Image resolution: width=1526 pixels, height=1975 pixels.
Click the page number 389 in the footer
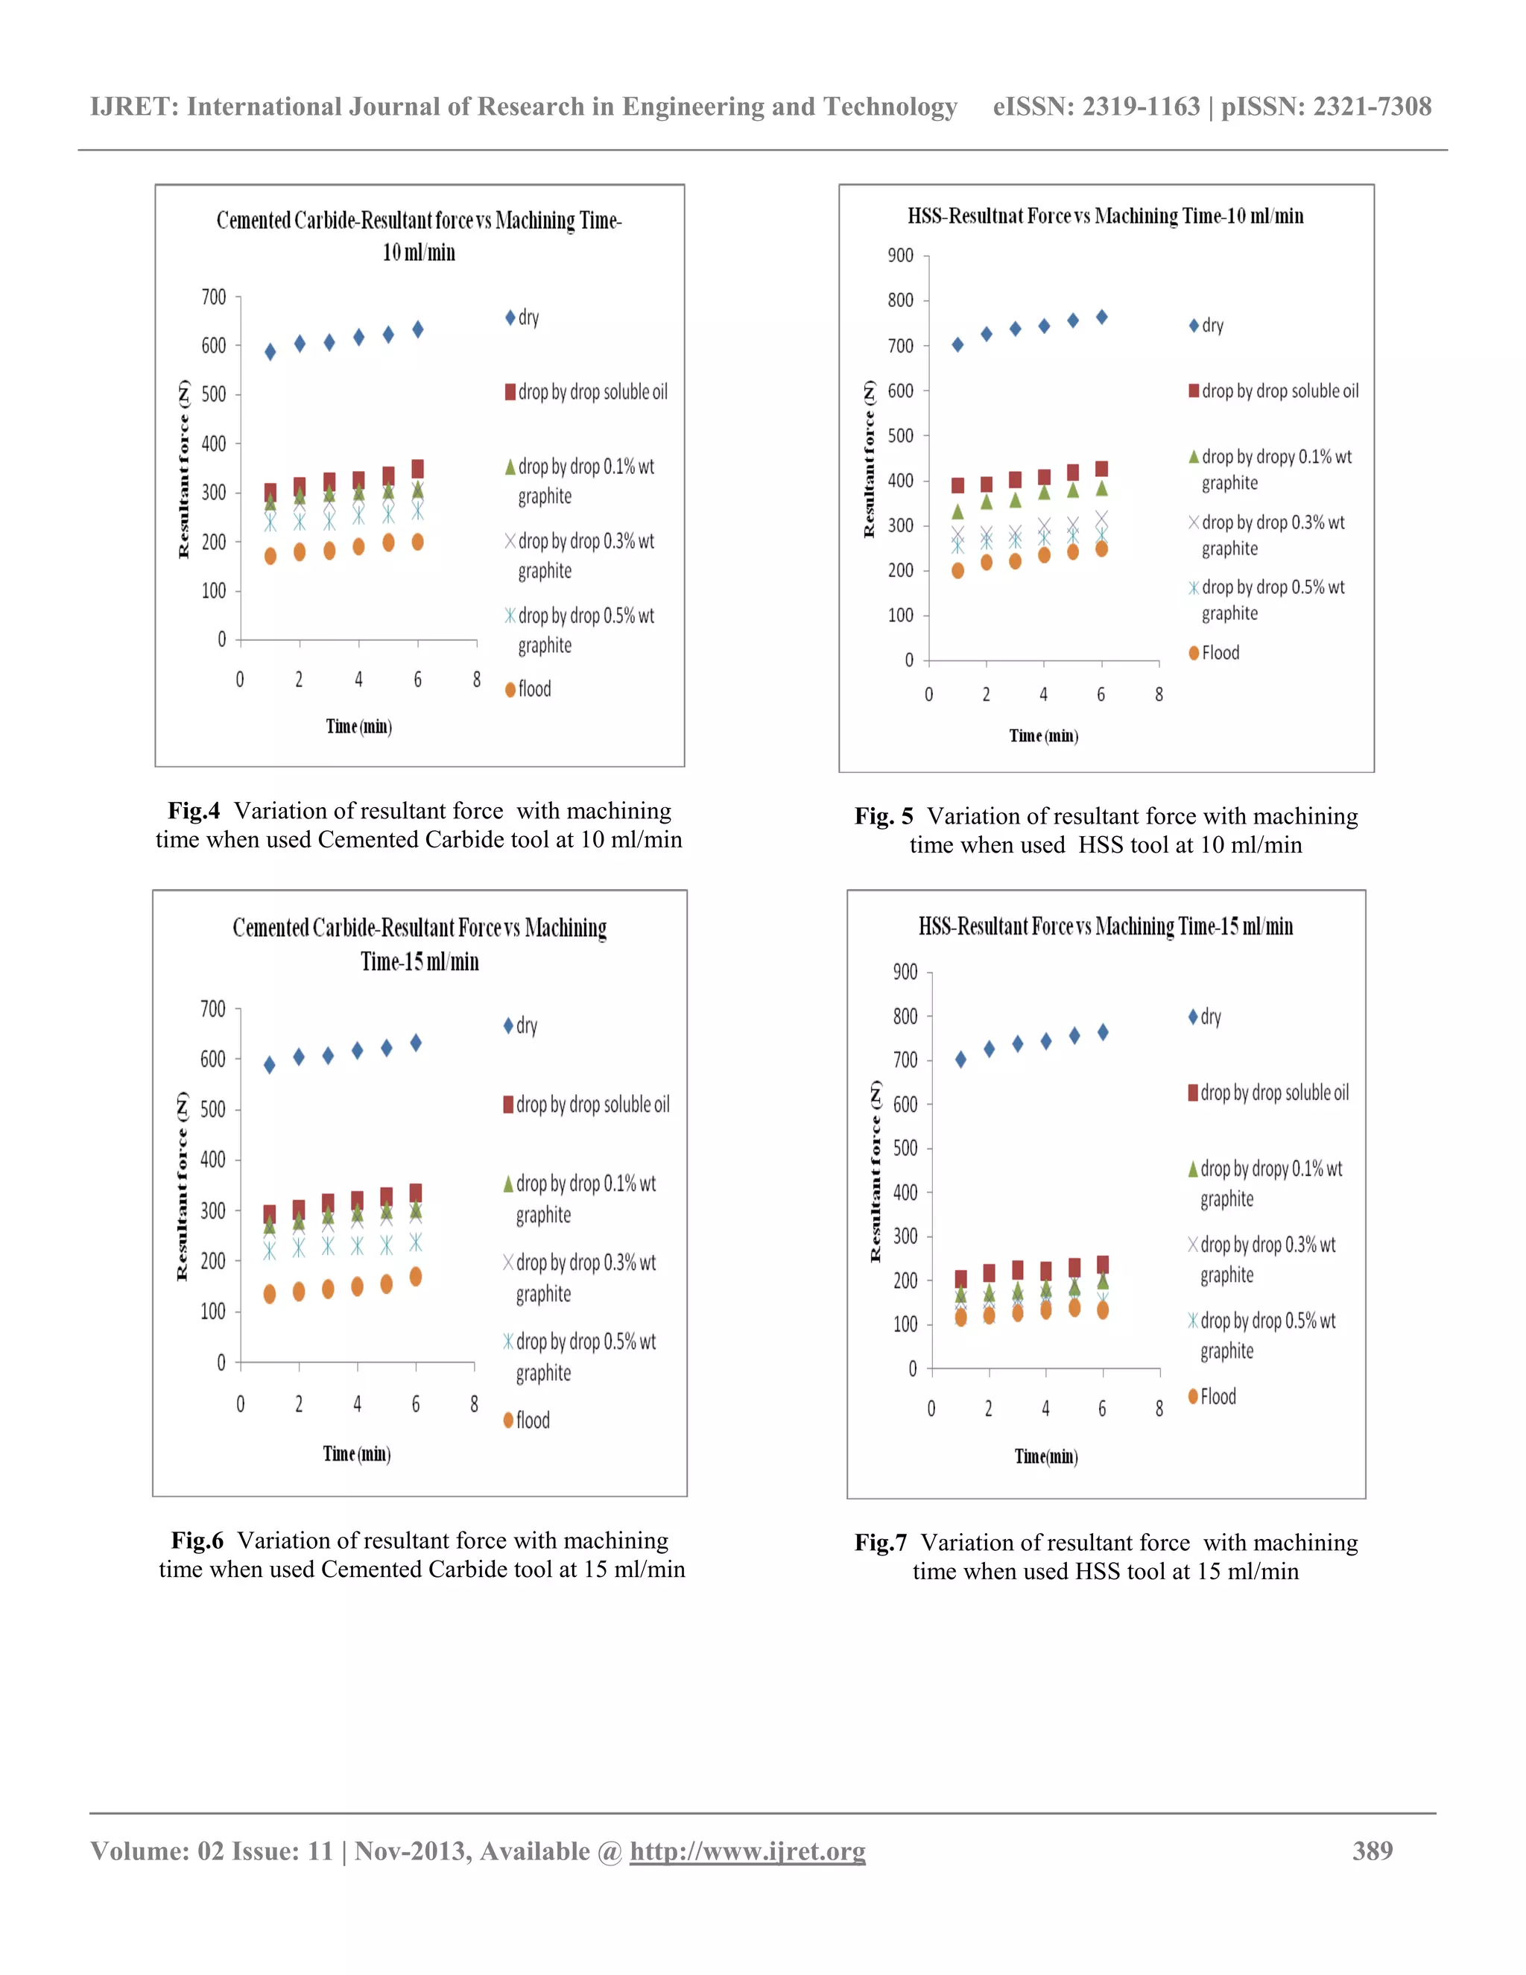pos(1372,1851)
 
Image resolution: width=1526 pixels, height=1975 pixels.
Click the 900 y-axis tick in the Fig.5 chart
pos(900,256)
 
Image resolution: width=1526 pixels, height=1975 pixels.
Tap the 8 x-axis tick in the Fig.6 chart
pos(474,1404)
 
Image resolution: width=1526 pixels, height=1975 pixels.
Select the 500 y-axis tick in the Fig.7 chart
pos(905,1148)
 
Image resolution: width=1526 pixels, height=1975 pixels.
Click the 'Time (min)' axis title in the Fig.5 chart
pos(1043,736)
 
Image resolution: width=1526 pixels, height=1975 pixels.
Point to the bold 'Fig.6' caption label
pos(197,1541)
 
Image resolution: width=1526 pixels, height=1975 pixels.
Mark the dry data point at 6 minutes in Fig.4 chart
pos(418,329)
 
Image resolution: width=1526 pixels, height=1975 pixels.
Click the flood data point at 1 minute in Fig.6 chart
pos(270,1294)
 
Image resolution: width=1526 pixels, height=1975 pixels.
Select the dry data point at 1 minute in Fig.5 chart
pos(957,344)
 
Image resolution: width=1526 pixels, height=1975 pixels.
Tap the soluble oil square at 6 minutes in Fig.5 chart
pos(1101,469)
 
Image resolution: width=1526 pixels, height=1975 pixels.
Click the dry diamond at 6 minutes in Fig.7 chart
pos(1103,1031)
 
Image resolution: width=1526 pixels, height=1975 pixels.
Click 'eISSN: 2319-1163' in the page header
pos(1095,107)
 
